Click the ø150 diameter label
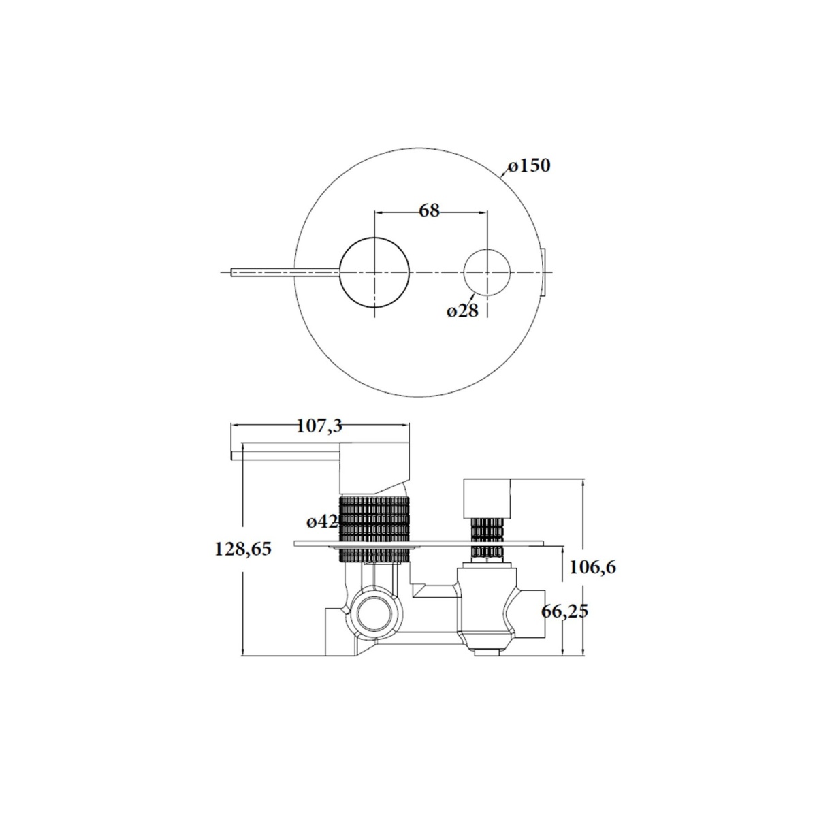tap(529, 165)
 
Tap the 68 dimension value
tap(430, 210)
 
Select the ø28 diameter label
tap(462, 311)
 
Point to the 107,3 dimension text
tap(319, 426)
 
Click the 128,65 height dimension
tap(243, 549)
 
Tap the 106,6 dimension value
tap(592, 567)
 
